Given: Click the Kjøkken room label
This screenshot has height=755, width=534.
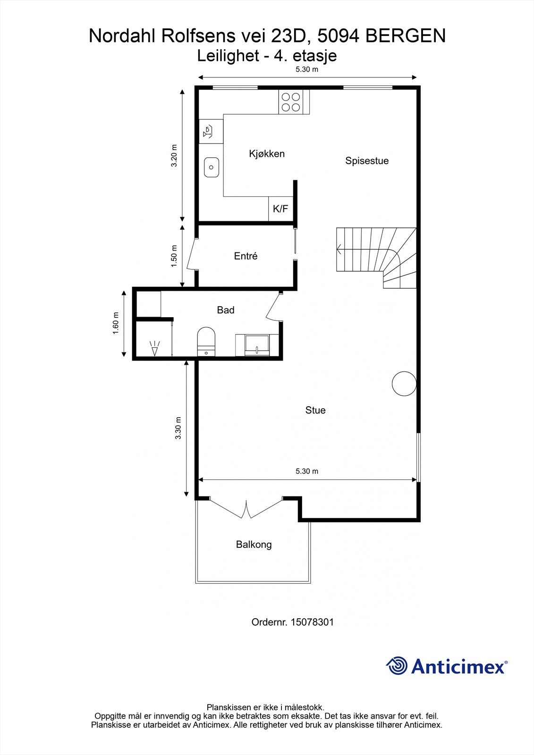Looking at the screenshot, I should tap(267, 154).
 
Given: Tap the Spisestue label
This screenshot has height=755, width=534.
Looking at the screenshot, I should tap(367, 161).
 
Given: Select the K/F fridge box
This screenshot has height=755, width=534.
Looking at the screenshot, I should tap(280, 209).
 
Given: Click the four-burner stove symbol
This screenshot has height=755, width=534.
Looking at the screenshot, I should tap(291, 101).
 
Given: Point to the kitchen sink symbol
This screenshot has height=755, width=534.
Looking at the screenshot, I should tap(212, 167).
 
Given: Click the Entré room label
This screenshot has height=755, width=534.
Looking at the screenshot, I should tap(246, 256).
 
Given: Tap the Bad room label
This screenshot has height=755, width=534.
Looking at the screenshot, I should tap(226, 310).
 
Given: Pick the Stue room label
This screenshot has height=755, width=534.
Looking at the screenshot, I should tap(315, 411).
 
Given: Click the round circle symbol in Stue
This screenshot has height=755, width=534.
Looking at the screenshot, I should tap(404, 384).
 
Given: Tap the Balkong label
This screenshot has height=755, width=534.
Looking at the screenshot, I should tap(254, 545).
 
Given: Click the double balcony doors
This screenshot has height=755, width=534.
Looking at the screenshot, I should tap(246, 510).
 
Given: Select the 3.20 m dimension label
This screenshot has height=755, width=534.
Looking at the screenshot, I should tap(174, 155).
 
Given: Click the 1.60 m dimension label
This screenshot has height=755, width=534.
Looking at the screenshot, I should tap(116, 324).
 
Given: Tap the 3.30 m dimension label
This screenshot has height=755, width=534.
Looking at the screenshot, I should tap(178, 428).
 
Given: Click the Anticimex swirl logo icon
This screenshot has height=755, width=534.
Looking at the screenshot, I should tap(397, 666).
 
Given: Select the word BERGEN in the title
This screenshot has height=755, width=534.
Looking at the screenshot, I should tap(406, 36).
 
